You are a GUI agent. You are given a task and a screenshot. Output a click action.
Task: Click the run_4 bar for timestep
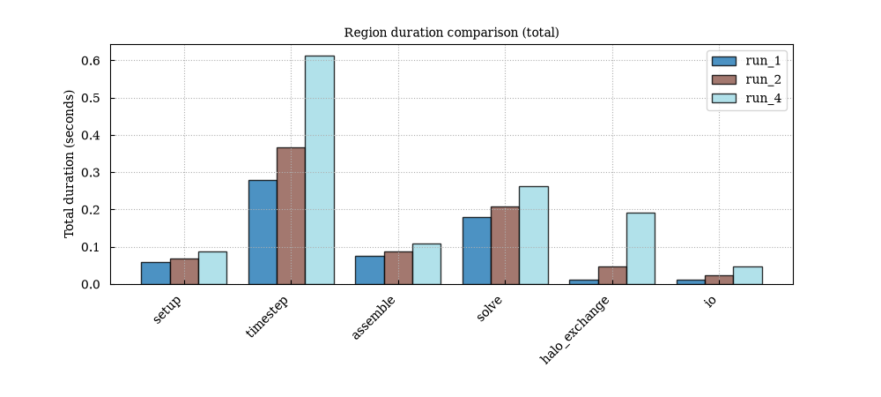click(x=320, y=169)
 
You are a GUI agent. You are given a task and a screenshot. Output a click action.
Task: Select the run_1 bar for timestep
click(x=263, y=232)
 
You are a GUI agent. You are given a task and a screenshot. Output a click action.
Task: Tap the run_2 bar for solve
click(x=505, y=246)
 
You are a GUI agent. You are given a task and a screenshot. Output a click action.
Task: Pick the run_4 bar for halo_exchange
click(x=640, y=249)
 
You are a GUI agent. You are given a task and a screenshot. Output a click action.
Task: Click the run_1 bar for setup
click(x=156, y=273)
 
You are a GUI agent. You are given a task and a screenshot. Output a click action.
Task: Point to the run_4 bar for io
click(x=748, y=275)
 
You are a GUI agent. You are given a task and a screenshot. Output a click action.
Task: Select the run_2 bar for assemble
click(x=398, y=267)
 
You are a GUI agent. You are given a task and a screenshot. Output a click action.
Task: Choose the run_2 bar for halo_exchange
click(x=612, y=275)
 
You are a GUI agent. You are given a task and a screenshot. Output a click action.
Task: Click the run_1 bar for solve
click(x=477, y=251)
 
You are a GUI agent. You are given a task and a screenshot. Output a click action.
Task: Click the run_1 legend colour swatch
click(x=723, y=61)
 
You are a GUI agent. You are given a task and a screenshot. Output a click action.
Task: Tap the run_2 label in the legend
click(x=763, y=79)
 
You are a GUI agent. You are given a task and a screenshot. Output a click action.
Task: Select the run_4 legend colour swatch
click(x=723, y=99)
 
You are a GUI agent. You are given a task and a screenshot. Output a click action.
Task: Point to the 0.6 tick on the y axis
click(x=111, y=61)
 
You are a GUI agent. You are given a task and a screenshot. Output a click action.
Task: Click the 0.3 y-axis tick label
click(x=91, y=173)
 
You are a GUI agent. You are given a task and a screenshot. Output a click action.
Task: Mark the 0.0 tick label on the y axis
click(x=91, y=285)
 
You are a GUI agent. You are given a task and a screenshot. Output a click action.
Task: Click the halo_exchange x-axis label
click(x=574, y=330)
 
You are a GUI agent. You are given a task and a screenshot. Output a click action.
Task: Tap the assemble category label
click(x=373, y=318)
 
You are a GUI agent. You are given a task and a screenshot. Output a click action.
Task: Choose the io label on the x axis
click(x=710, y=301)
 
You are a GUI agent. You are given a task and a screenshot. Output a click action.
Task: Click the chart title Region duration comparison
click(x=452, y=33)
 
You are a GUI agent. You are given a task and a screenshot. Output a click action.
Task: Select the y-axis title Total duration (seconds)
click(x=69, y=164)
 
